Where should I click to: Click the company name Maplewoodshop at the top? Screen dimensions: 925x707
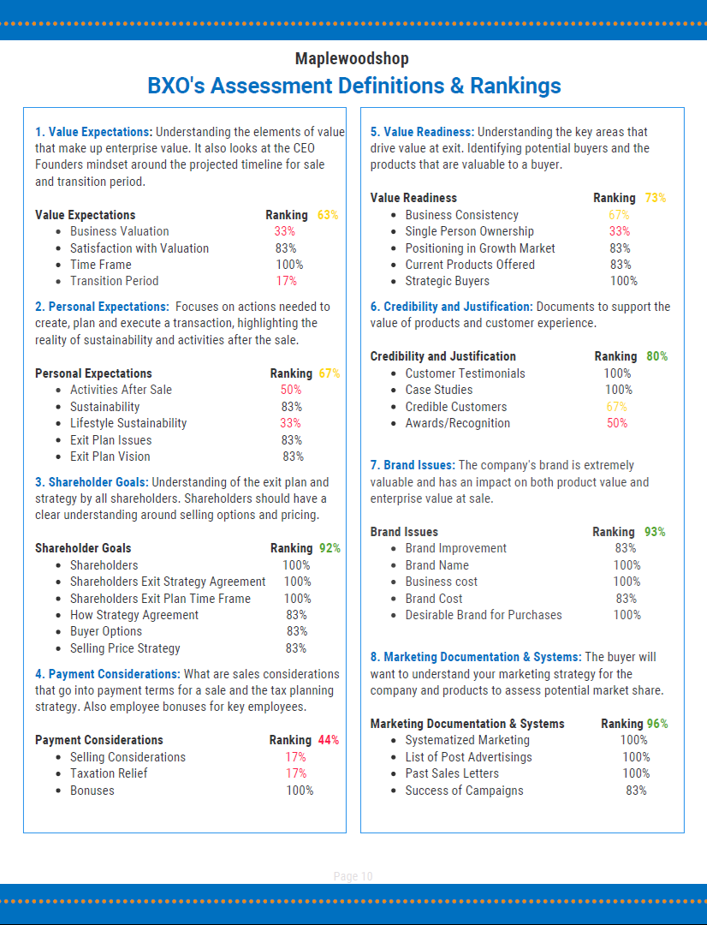pyautogui.click(x=352, y=58)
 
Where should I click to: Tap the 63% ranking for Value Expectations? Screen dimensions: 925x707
pyautogui.click(x=328, y=215)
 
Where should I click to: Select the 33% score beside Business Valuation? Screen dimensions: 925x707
pyautogui.click(x=285, y=231)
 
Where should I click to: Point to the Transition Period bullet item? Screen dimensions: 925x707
pyautogui.click(x=114, y=281)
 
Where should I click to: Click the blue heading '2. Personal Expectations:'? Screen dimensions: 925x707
pyautogui.click(x=102, y=307)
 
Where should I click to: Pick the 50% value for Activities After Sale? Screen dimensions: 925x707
pyautogui.click(x=291, y=390)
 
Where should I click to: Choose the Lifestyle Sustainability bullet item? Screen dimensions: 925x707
pyautogui.click(x=128, y=423)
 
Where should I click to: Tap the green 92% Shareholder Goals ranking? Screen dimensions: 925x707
pyautogui.click(x=330, y=548)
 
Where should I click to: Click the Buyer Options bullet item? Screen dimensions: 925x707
pyautogui.click(x=106, y=631)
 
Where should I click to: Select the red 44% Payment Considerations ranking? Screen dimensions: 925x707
pyautogui.click(x=329, y=740)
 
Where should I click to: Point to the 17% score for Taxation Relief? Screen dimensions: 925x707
pyautogui.click(x=296, y=773)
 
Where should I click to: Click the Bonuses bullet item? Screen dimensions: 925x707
pyautogui.click(x=92, y=791)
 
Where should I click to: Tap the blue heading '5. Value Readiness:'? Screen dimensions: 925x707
pyautogui.click(x=422, y=132)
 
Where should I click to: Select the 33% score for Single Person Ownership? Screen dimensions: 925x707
pyautogui.click(x=620, y=231)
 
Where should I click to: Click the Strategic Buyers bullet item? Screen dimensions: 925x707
pyautogui.click(x=448, y=281)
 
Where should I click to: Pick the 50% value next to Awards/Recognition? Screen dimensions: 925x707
pyautogui.click(x=617, y=423)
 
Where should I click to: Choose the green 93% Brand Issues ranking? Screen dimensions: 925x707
pyautogui.click(x=655, y=532)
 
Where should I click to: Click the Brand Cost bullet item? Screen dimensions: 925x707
pyautogui.click(x=434, y=599)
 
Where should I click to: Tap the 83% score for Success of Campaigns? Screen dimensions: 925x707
pyautogui.click(x=636, y=791)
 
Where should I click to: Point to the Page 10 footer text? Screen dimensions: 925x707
pyautogui.click(x=353, y=876)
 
